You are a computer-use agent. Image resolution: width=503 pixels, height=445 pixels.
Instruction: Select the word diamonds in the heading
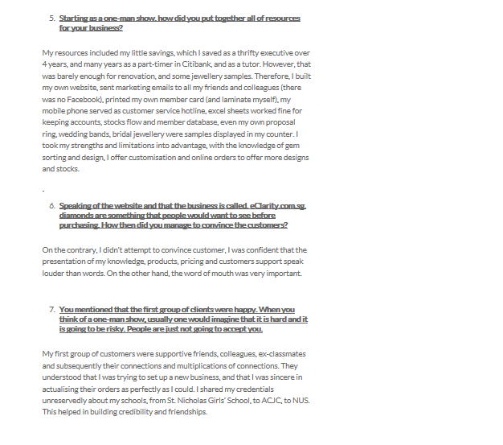(x=77, y=216)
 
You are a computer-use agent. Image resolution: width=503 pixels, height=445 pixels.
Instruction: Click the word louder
(x=55, y=273)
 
